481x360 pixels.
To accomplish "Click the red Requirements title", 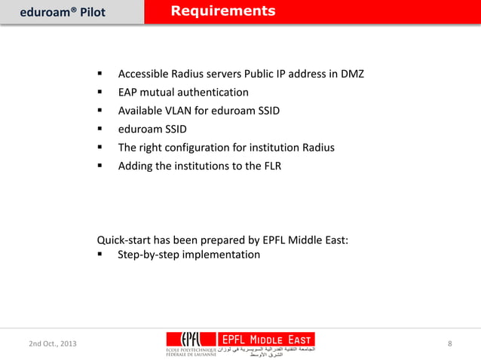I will coord(222,11).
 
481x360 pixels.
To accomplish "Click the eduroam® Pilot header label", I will coord(62,12).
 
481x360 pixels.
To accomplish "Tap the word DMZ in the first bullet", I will coord(351,74).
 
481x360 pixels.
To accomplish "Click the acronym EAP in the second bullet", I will coord(128,93).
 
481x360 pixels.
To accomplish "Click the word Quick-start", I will coord(124,241).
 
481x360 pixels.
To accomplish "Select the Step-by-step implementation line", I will coord(188,255).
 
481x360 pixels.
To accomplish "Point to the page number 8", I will coord(450,344).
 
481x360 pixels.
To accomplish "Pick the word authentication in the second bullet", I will coord(210,93).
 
